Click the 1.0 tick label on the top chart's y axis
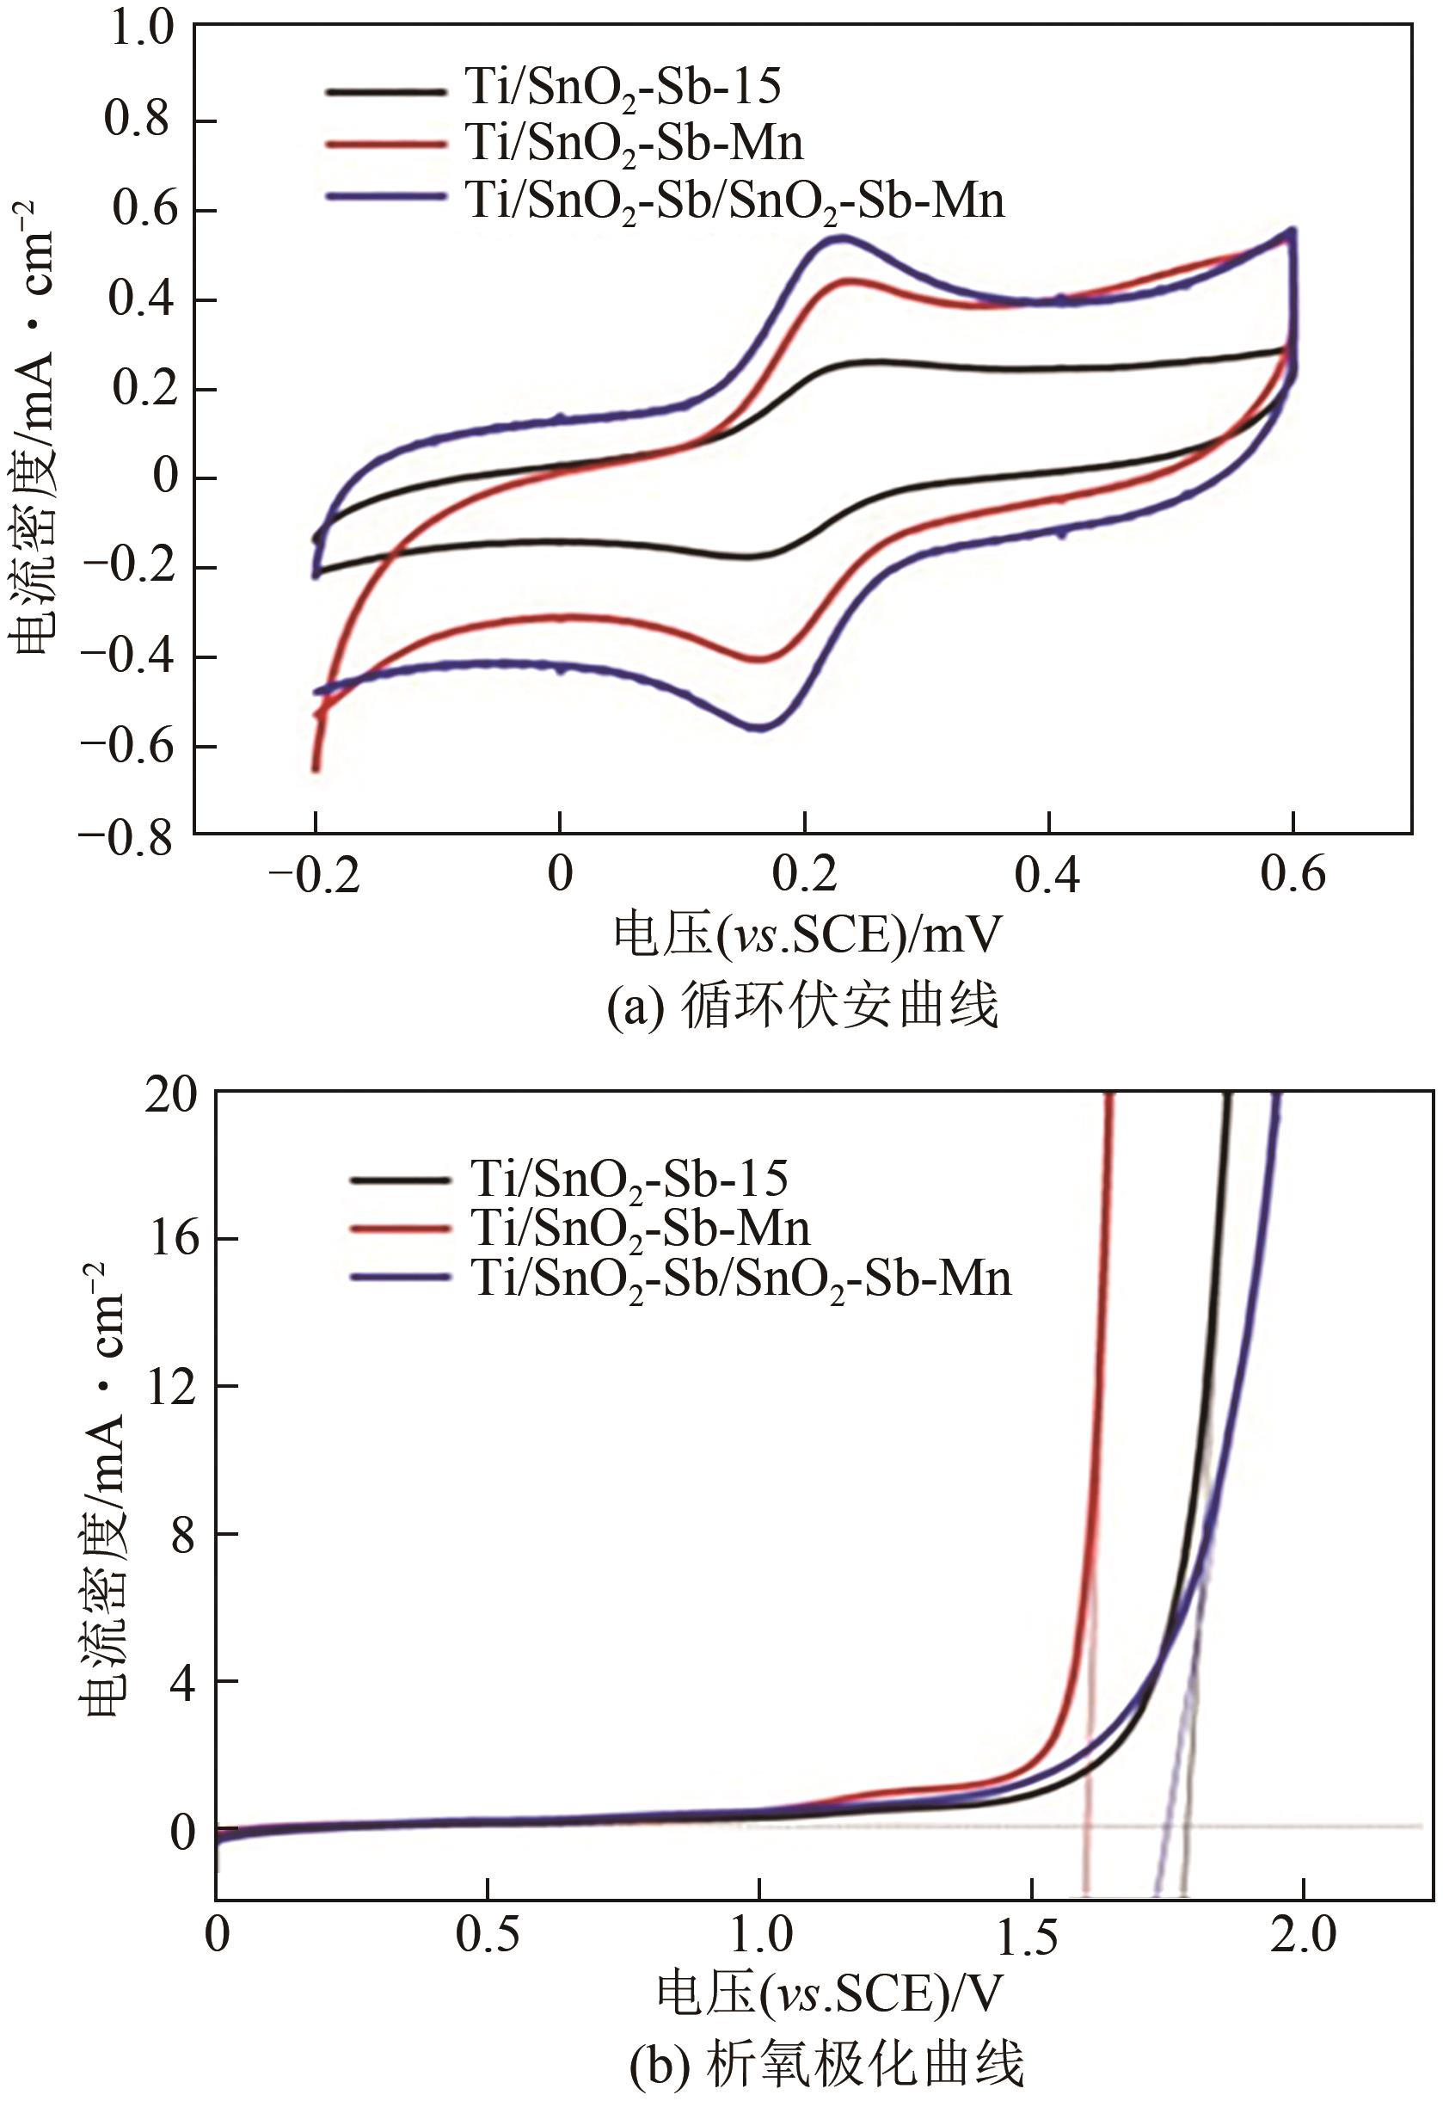pos(140,29)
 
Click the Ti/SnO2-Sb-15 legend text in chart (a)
pos(623,88)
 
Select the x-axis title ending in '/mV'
pos(807,936)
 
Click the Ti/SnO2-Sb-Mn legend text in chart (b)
pos(640,1229)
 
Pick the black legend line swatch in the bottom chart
pos(399,1180)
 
